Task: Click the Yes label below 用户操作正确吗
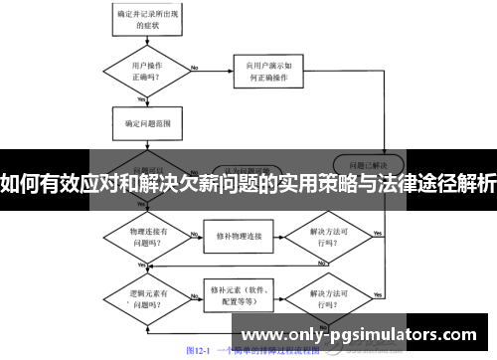coord(142,98)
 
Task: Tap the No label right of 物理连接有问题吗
coord(189,232)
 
